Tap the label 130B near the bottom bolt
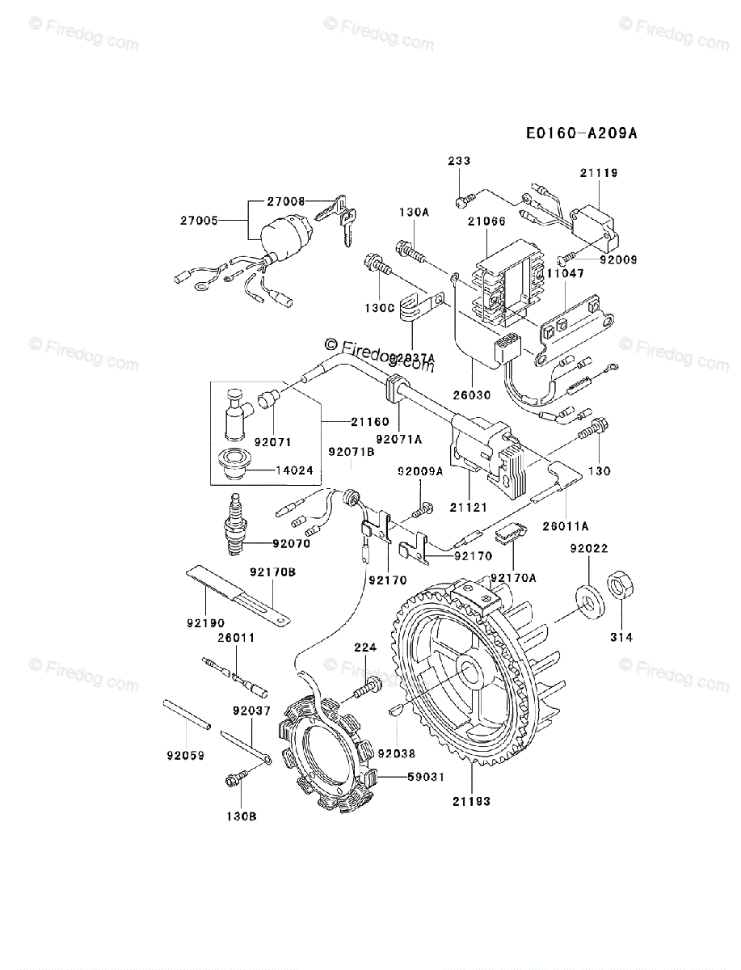241,816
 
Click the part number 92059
186,756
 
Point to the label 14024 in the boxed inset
296,470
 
